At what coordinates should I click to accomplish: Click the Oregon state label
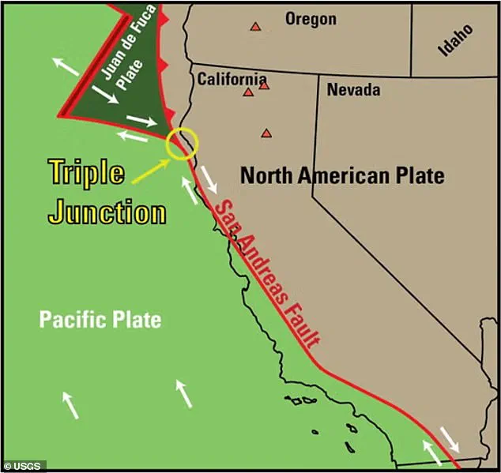click(311, 19)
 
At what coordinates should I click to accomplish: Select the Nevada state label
click(353, 90)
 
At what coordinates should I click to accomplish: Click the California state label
click(232, 78)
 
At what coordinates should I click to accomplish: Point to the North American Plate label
click(342, 175)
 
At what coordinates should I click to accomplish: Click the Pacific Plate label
click(100, 320)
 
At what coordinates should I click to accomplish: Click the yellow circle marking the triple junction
click(182, 143)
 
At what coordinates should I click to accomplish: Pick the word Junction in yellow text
click(107, 212)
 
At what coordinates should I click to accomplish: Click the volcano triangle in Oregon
click(255, 26)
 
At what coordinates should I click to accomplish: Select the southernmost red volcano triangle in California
click(267, 133)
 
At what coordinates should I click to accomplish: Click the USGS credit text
click(23, 465)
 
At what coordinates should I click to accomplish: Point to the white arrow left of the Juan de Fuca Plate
click(66, 66)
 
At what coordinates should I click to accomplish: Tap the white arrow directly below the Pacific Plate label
click(184, 393)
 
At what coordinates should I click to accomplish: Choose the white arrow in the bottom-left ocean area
click(70, 404)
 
